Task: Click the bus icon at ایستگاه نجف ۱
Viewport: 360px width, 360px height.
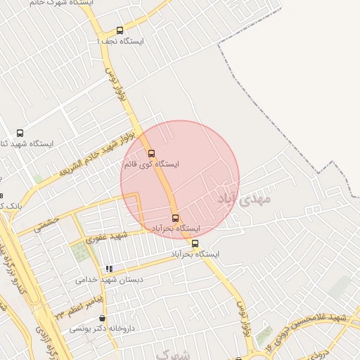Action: [120, 30]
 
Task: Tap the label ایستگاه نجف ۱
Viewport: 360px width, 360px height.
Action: [120, 41]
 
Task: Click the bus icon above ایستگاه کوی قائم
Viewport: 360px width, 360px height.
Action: [151, 153]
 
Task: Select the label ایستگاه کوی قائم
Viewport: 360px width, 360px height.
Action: [151, 165]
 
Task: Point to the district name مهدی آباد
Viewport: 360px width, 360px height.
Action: [243, 197]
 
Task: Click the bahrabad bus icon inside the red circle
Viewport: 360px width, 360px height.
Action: [175, 218]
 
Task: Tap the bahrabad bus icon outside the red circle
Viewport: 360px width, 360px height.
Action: [195, 243]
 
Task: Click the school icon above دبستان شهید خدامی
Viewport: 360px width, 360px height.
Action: [109, 269]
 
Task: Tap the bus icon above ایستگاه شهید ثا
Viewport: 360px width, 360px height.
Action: [20, 132]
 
